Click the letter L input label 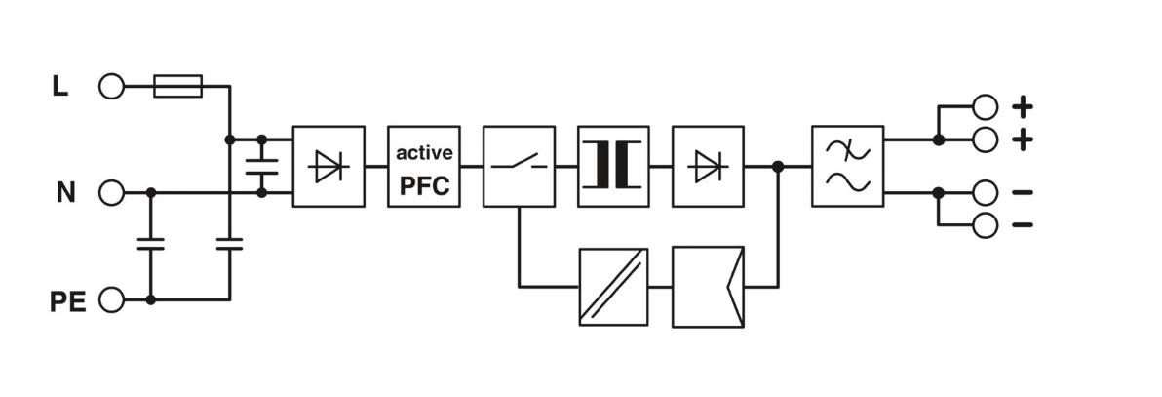coord(60,87)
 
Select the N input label coord(66,193)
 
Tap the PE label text coord(67,302)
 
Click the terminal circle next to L coord(111,86)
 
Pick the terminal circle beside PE coord(111,300)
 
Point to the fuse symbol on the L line coord(177,86)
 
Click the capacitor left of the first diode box coord(261,166)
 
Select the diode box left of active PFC coord(329,166)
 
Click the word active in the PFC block coord(424,153)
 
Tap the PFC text coord(424,185)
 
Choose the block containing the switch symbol coord(519,166)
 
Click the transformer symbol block coord(613,166)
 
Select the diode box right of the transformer coord(709,166)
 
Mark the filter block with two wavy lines coord(848,165)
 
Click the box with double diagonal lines coord(613,287)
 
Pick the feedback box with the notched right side coord(709,287)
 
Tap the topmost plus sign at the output coord(1022,107)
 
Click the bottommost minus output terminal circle coord(985,225)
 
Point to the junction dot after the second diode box coord(777,166)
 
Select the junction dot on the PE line coord(150,300)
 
